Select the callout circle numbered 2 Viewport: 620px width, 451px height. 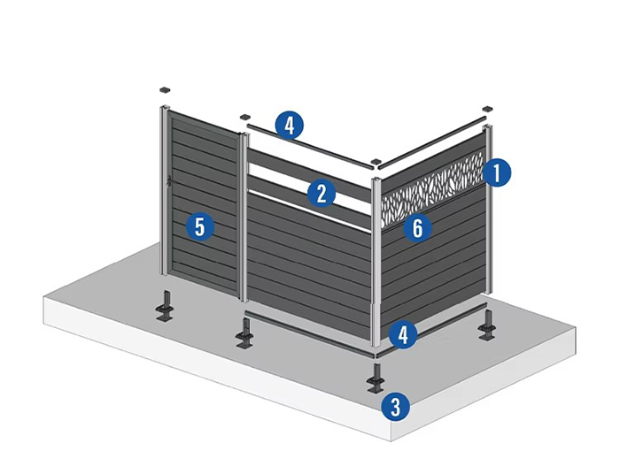click(322, 193)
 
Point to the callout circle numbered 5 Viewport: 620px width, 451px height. click(199, 227)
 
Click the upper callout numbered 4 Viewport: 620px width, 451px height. click(289, 125)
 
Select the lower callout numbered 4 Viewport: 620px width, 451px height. click(403, 335)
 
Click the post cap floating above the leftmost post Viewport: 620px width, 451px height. click(166, 91)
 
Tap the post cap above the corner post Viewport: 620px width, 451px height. click(377, 163)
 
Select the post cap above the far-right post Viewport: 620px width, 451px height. click(486, 108)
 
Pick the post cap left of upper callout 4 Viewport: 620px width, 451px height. click(244, 116)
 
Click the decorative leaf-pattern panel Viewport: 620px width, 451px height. click(432, 188)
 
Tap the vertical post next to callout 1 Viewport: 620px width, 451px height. click(488, 212)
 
